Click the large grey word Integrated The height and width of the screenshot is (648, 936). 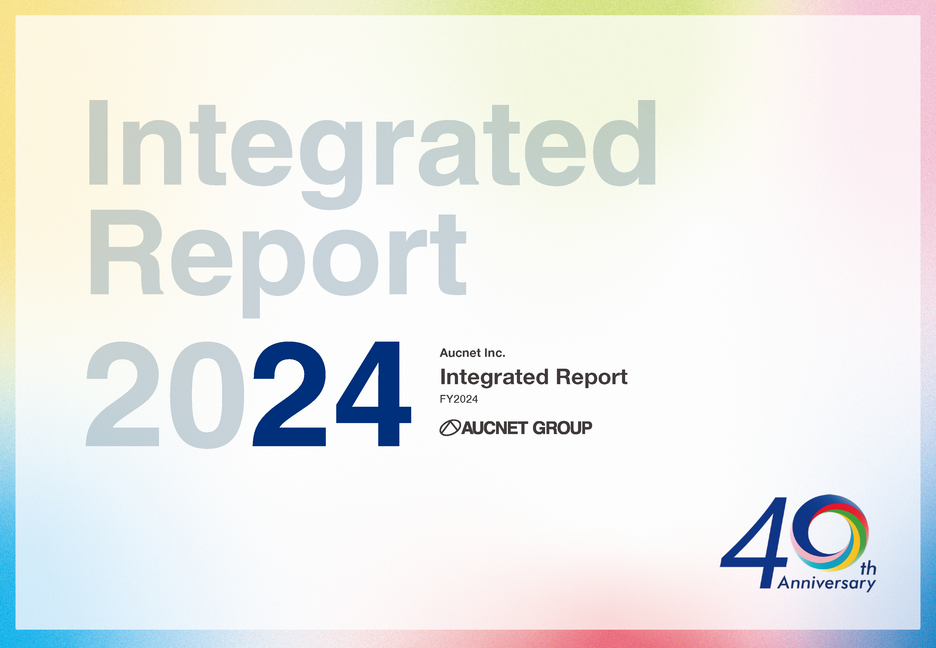[x=371, y=154]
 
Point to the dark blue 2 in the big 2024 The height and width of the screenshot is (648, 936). [x=290, y=394]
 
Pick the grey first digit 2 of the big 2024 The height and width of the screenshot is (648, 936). [x=123, y=394]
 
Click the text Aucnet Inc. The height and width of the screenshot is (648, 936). [x=472, y=353]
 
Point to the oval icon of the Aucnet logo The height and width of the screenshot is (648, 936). [x=450, y=428]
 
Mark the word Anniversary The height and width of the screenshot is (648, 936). [x=827, y=583]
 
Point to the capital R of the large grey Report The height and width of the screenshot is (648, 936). [x=126, y=252]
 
